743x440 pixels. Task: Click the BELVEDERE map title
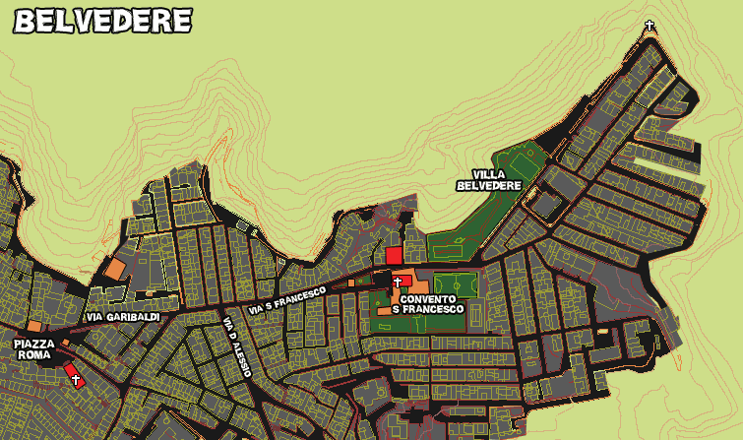[102, 21]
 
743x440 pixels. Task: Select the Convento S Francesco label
[428, 303]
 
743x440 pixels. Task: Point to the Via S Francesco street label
[287, 300]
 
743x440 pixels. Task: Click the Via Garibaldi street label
[123, 317]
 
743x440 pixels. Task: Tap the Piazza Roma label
[34, 348]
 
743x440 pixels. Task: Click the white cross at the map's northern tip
[650, 25]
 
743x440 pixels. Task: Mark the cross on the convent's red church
[399, 282]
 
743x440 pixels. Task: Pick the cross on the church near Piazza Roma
[75, 378]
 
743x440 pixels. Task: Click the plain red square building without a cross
[394, 255]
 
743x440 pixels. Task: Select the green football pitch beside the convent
[455, 284]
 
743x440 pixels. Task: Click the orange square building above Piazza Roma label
[34, 326]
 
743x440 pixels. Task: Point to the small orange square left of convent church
[351, 283]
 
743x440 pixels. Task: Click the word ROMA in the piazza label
[34, 354]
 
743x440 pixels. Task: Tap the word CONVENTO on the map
[428, 297]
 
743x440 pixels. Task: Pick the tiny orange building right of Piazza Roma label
[65, 343]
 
